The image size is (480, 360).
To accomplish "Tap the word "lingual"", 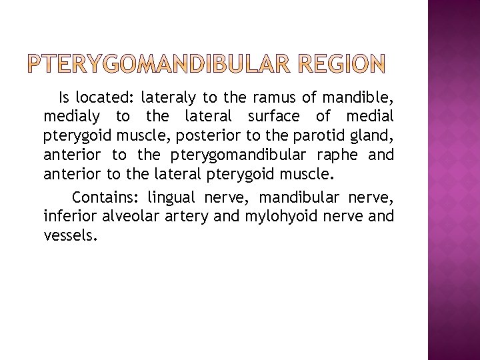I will click(175, 197).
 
